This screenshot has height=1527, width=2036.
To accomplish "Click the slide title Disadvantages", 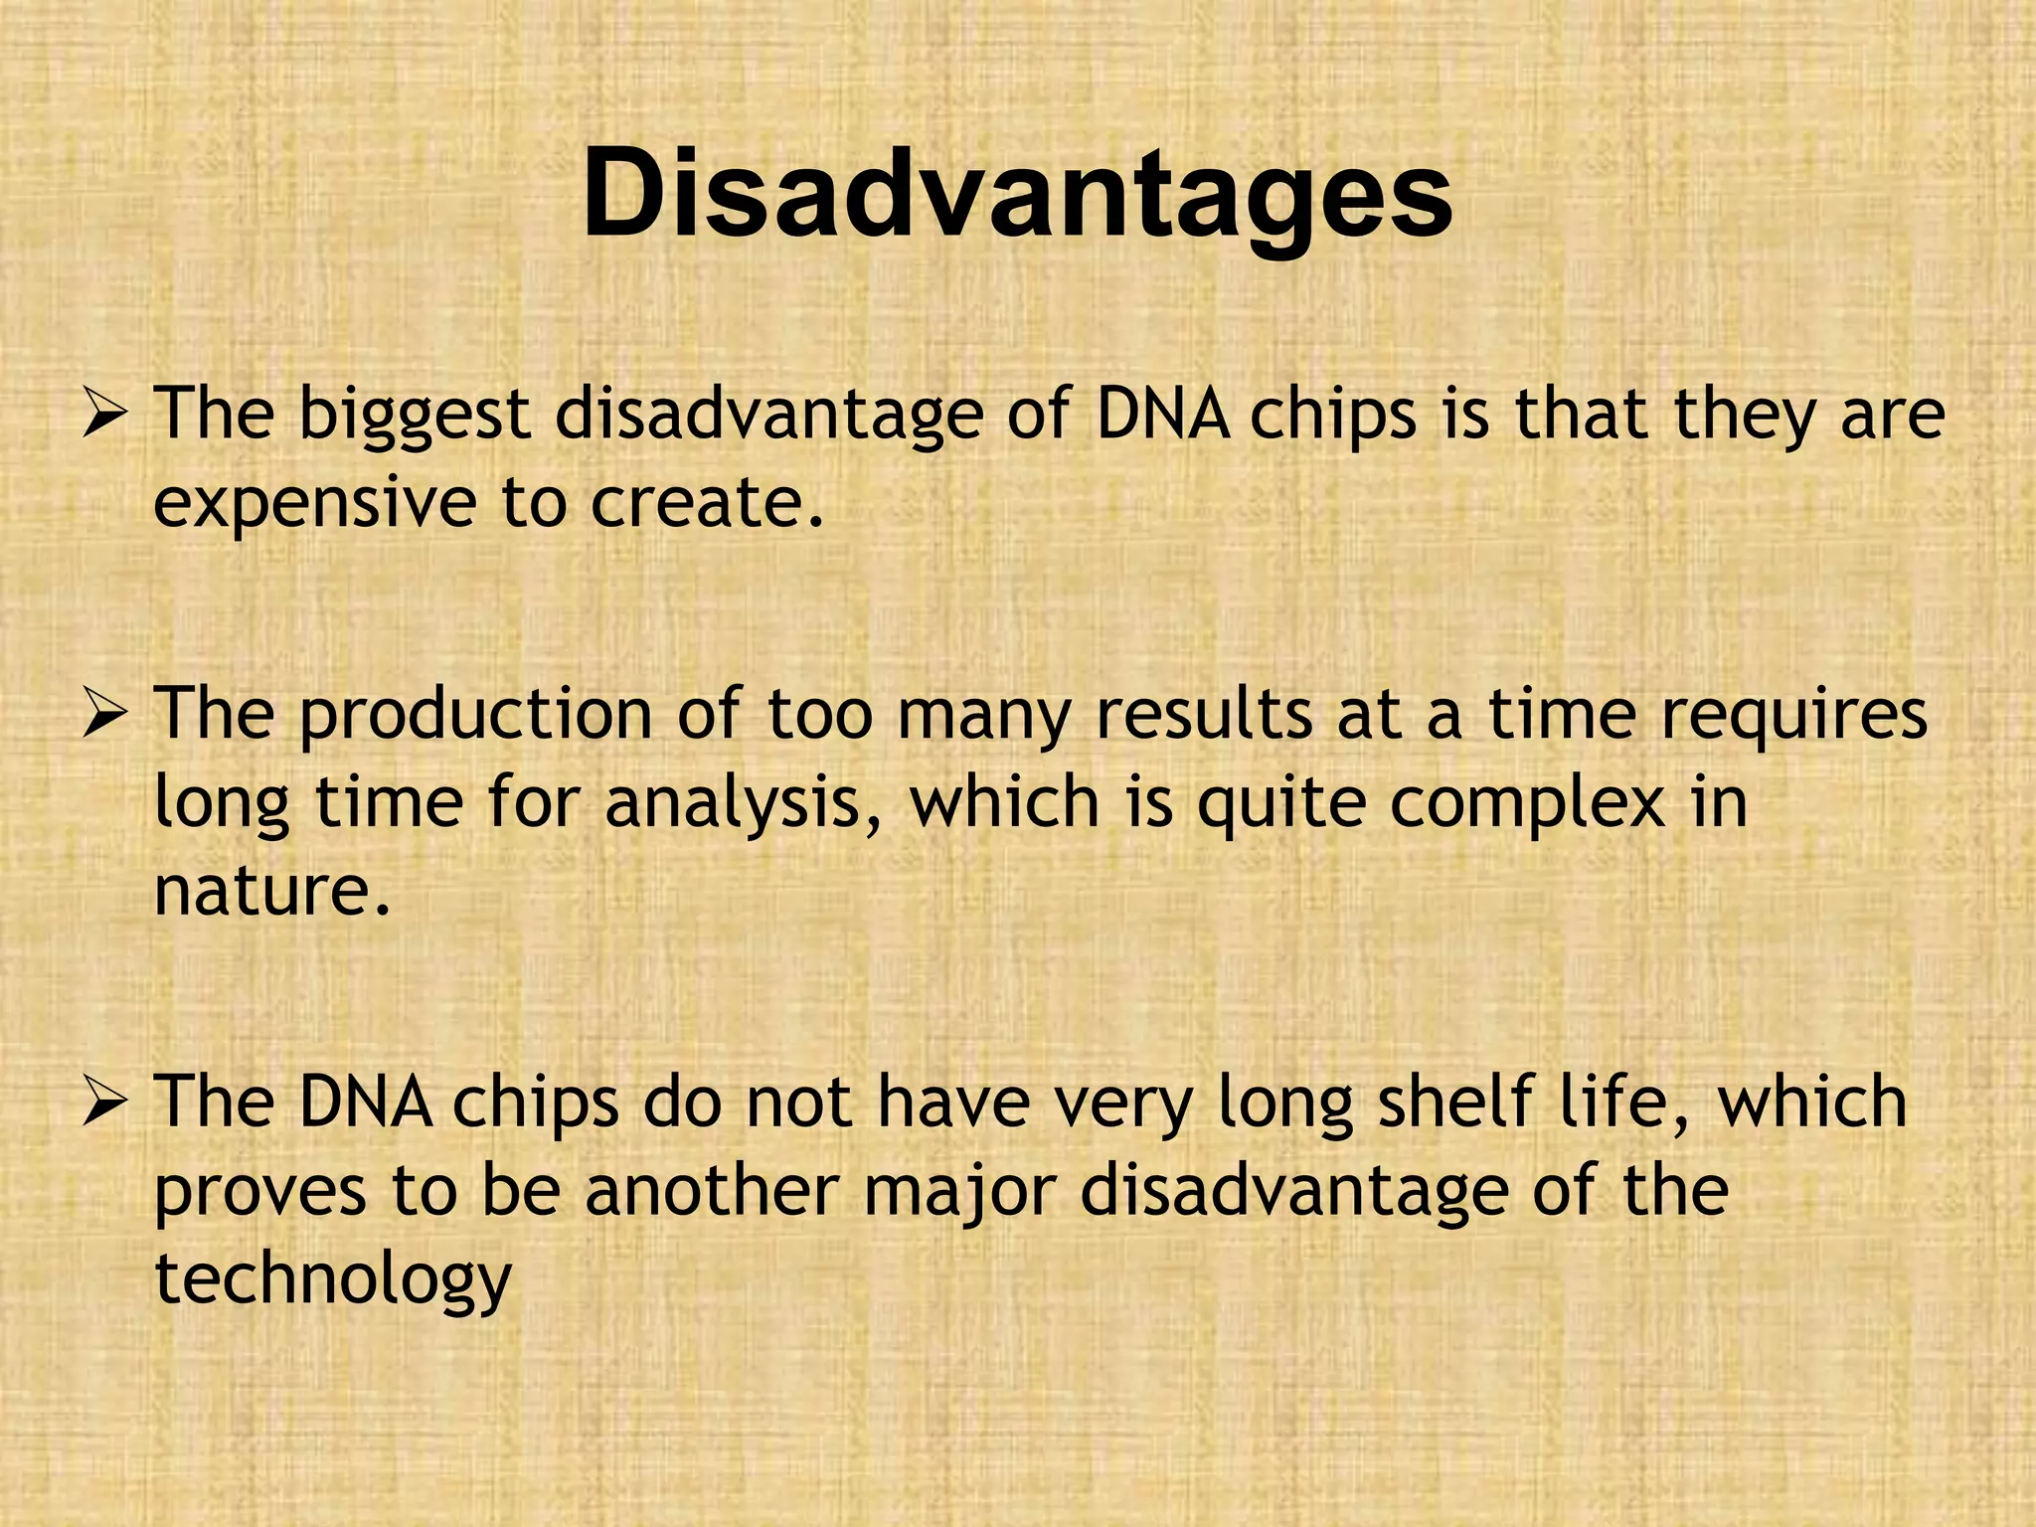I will click(x=1017, y=194).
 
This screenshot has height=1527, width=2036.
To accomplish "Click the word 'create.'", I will click(x=708, y=503).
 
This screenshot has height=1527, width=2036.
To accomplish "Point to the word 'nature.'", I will click(x=271, y=891).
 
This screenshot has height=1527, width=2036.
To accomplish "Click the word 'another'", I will click(x=712, y=1190).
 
